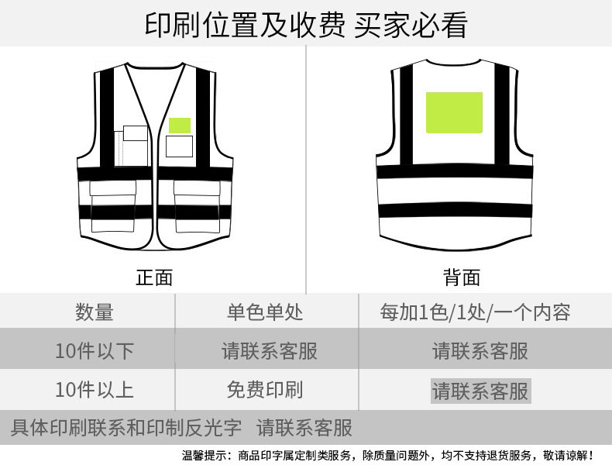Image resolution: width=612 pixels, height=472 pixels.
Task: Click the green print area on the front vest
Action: tap(180, 126)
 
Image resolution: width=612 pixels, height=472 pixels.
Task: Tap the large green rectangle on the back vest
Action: tap(454, 112)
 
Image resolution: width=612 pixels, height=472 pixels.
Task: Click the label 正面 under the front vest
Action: tap(154, 277)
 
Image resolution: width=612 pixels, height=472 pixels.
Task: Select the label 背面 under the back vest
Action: tap(462, 277)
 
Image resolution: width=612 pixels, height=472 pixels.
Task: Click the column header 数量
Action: tap(95, 312)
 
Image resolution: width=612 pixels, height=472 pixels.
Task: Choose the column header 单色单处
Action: tap(265, 312)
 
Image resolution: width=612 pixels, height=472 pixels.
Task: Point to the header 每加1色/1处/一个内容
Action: tap(476, 312)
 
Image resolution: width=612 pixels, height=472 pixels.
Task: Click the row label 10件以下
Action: tap(95, 350)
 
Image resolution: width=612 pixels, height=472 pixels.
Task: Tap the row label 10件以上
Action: tap(95, 390)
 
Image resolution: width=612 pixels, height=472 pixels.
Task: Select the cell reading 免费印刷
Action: tap(265, 390)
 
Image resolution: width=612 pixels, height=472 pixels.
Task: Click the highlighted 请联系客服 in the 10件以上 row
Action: tap(480, 391)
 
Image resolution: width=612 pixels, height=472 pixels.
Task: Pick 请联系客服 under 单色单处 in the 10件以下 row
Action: tap(270, 350)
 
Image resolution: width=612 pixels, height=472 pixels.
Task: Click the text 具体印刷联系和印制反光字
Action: tap(126, 428)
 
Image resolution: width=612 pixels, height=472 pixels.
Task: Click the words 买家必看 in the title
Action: tap(411, 25)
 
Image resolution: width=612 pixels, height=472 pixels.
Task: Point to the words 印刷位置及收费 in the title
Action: tap(245, 25)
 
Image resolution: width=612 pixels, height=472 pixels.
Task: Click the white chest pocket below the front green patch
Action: tap(179, 146)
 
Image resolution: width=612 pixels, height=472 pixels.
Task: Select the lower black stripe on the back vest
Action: tap(456, 211)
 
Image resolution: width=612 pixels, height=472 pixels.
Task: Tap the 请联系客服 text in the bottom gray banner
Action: tap(304, 428)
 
